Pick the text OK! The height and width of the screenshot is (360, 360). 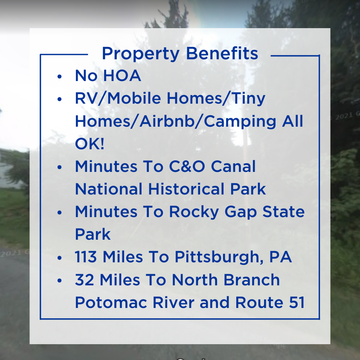pos(90,144)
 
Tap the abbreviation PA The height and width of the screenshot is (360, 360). pos(281,257)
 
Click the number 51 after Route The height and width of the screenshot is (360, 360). pos(296,302)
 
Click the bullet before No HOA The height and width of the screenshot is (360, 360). pos(59,77)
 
